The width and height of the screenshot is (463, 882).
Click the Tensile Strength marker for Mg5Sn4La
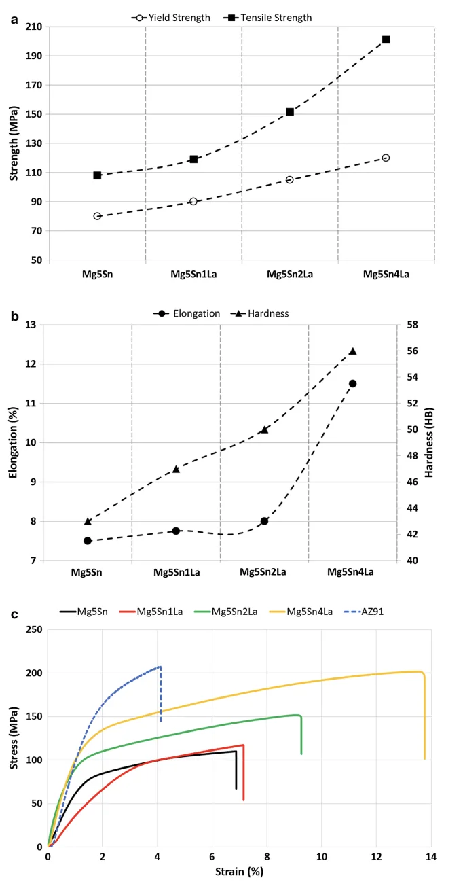click(386, 39)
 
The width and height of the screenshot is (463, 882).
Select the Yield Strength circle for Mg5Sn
click(97, 216)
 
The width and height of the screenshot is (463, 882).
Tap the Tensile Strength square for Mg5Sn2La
click(290, 111)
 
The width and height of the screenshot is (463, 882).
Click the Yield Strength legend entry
click(172, 18)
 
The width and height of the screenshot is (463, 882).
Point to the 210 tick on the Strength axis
click(33, 27)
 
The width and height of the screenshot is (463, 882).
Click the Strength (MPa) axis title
click(14, 143)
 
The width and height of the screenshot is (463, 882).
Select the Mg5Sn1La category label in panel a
click(193, 275)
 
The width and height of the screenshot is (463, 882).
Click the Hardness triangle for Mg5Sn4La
click(353, 351)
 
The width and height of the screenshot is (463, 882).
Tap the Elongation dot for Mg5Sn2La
click(265, 521)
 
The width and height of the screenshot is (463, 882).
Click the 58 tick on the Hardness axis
click(411, 325)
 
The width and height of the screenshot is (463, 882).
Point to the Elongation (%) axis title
click(14, 442)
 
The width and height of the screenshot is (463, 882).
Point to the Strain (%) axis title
click(239, 871)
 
